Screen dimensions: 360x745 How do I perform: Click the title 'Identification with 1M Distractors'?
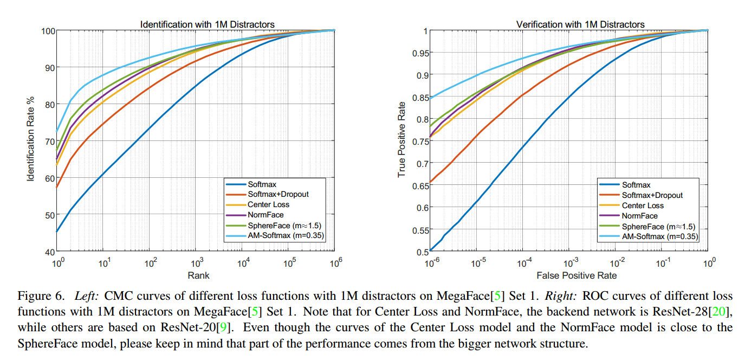coord(207,24)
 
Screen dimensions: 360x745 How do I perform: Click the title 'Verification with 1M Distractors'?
coord(580,24)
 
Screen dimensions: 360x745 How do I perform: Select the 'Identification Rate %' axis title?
coord(31,140)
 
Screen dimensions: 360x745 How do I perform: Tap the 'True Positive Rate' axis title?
coord(401,139)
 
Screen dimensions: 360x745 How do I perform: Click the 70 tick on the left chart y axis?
coord(47,141)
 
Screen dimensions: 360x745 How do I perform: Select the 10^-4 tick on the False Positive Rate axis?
coord(524,263)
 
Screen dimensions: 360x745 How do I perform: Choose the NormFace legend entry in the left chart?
coord(266,215)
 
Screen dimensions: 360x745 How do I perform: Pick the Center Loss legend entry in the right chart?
coord(643,205)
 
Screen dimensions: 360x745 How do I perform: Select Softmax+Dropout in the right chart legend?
coord(652,195)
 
